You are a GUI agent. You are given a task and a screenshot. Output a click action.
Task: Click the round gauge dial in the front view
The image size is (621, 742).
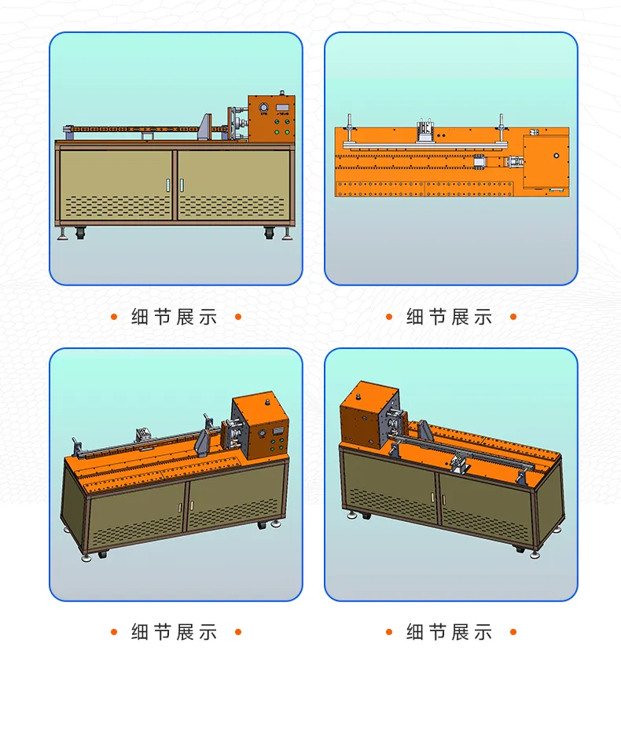tap(263, 108)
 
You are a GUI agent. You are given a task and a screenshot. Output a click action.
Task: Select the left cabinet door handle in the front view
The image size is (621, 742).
tap(167, 185)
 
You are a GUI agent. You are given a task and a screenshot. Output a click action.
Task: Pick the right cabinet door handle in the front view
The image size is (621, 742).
tap(182, 185)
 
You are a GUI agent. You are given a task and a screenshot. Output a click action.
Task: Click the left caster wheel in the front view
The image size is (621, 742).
tap(81, 233)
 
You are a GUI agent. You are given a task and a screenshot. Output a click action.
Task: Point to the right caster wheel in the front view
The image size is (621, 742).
tap(270, 233)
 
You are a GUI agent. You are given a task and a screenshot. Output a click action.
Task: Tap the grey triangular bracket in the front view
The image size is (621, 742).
tap(205, 127)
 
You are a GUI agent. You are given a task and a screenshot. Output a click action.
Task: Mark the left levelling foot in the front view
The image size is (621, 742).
tap(62, 233)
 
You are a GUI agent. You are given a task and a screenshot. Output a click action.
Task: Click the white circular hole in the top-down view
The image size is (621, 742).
tap(557, 155)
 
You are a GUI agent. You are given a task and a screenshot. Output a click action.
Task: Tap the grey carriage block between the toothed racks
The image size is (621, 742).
tap(479, 162)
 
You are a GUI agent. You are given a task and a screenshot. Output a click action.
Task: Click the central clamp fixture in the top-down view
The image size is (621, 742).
tap(425, 131)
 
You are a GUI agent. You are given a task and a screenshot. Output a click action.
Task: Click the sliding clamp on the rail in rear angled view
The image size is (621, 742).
tap(461, 463)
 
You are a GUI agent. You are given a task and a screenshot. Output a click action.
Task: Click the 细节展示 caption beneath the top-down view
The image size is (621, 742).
tap(449, 317)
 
